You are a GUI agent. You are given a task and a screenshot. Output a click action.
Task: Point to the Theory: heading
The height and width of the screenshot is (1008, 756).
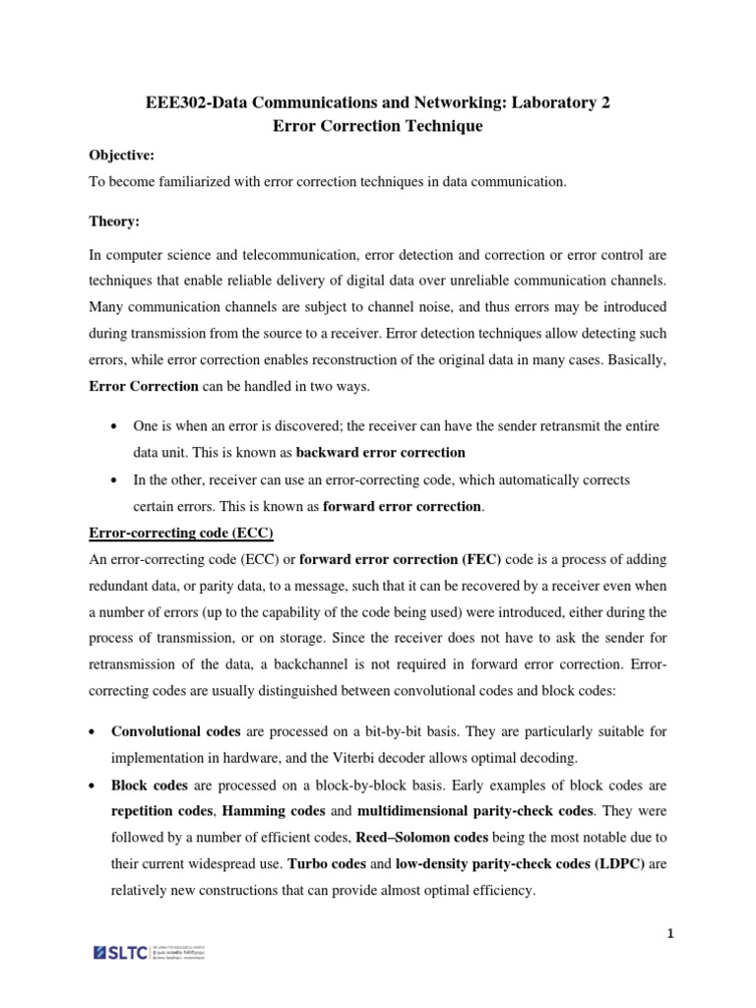point(113,222)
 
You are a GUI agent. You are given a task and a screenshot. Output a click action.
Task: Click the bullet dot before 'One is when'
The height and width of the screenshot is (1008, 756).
point(116,424)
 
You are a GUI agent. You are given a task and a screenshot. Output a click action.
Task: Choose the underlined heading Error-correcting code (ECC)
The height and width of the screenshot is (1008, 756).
point(181,533)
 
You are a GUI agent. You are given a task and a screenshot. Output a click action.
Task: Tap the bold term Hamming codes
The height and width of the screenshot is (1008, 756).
point(268,810)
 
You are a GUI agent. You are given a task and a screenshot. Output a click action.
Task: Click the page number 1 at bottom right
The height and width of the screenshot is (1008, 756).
point(669,936)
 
